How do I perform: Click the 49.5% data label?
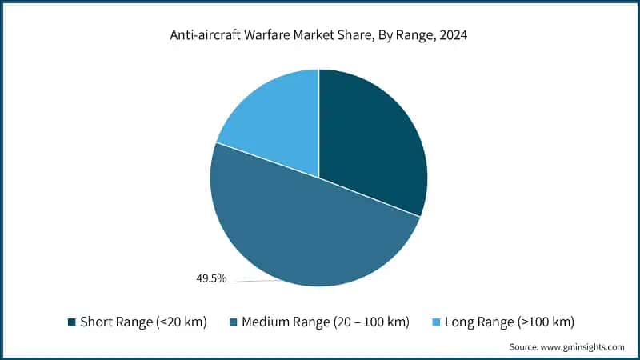pyautogui.click(x=211, y=278)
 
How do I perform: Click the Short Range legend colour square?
pyautogui.click(x=72, y=322)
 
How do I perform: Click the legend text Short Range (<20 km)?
pyautogui.click(x=143, y=322)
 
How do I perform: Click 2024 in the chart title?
pyautogui.click(x=452, y=34)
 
